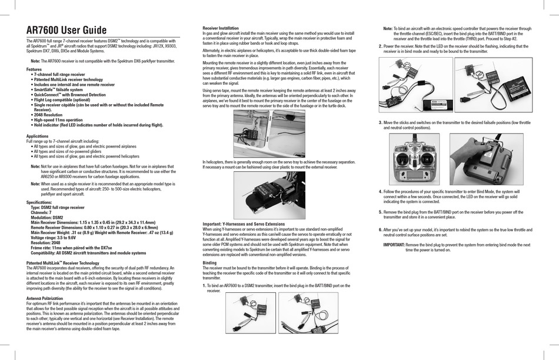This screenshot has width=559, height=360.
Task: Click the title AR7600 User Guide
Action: (x=66, y=30)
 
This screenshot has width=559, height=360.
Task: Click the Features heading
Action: (x=34, y=69)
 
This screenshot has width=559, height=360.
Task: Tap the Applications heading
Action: (x=38, y=136)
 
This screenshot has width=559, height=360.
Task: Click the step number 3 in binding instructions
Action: (x=380, y=122)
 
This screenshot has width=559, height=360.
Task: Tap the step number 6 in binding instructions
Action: (x=380, y=229)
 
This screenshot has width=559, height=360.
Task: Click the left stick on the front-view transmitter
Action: (x=403, y=160)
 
